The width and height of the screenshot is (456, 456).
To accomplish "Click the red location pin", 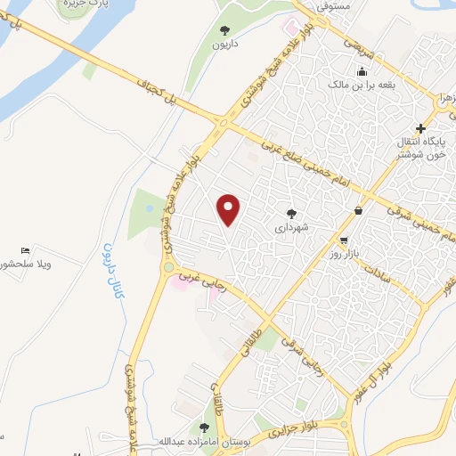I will click(x=230, y=209).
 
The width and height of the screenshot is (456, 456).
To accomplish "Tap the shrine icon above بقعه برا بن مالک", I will click(x=362, y=72).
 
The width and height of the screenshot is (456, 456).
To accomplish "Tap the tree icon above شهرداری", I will click(x=290, y=213).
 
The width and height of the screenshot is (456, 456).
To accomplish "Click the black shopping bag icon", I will click(x=358, y=211).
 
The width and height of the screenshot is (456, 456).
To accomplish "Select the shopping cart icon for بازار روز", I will click(x=344, y=240).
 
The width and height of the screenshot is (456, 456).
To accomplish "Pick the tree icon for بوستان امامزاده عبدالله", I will click(x=205, y=428).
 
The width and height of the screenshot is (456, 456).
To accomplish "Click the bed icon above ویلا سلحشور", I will click(x=26, y=252).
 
